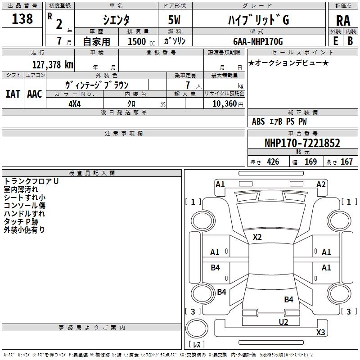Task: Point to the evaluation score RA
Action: (343, 20)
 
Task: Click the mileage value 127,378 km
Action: (53, 64)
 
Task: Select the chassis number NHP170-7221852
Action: (302, 143)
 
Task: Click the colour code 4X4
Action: (75, 103)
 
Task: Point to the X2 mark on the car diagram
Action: (257, 237)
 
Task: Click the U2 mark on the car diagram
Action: (283, 322)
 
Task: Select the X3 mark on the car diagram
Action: (320, 333)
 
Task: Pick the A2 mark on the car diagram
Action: (321, 184)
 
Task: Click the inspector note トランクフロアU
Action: (31, 181)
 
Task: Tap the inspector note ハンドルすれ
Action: (25, 214)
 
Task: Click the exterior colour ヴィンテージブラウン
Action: (97, 85)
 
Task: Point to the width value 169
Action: (310, 162)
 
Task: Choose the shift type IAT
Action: (13, 94)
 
